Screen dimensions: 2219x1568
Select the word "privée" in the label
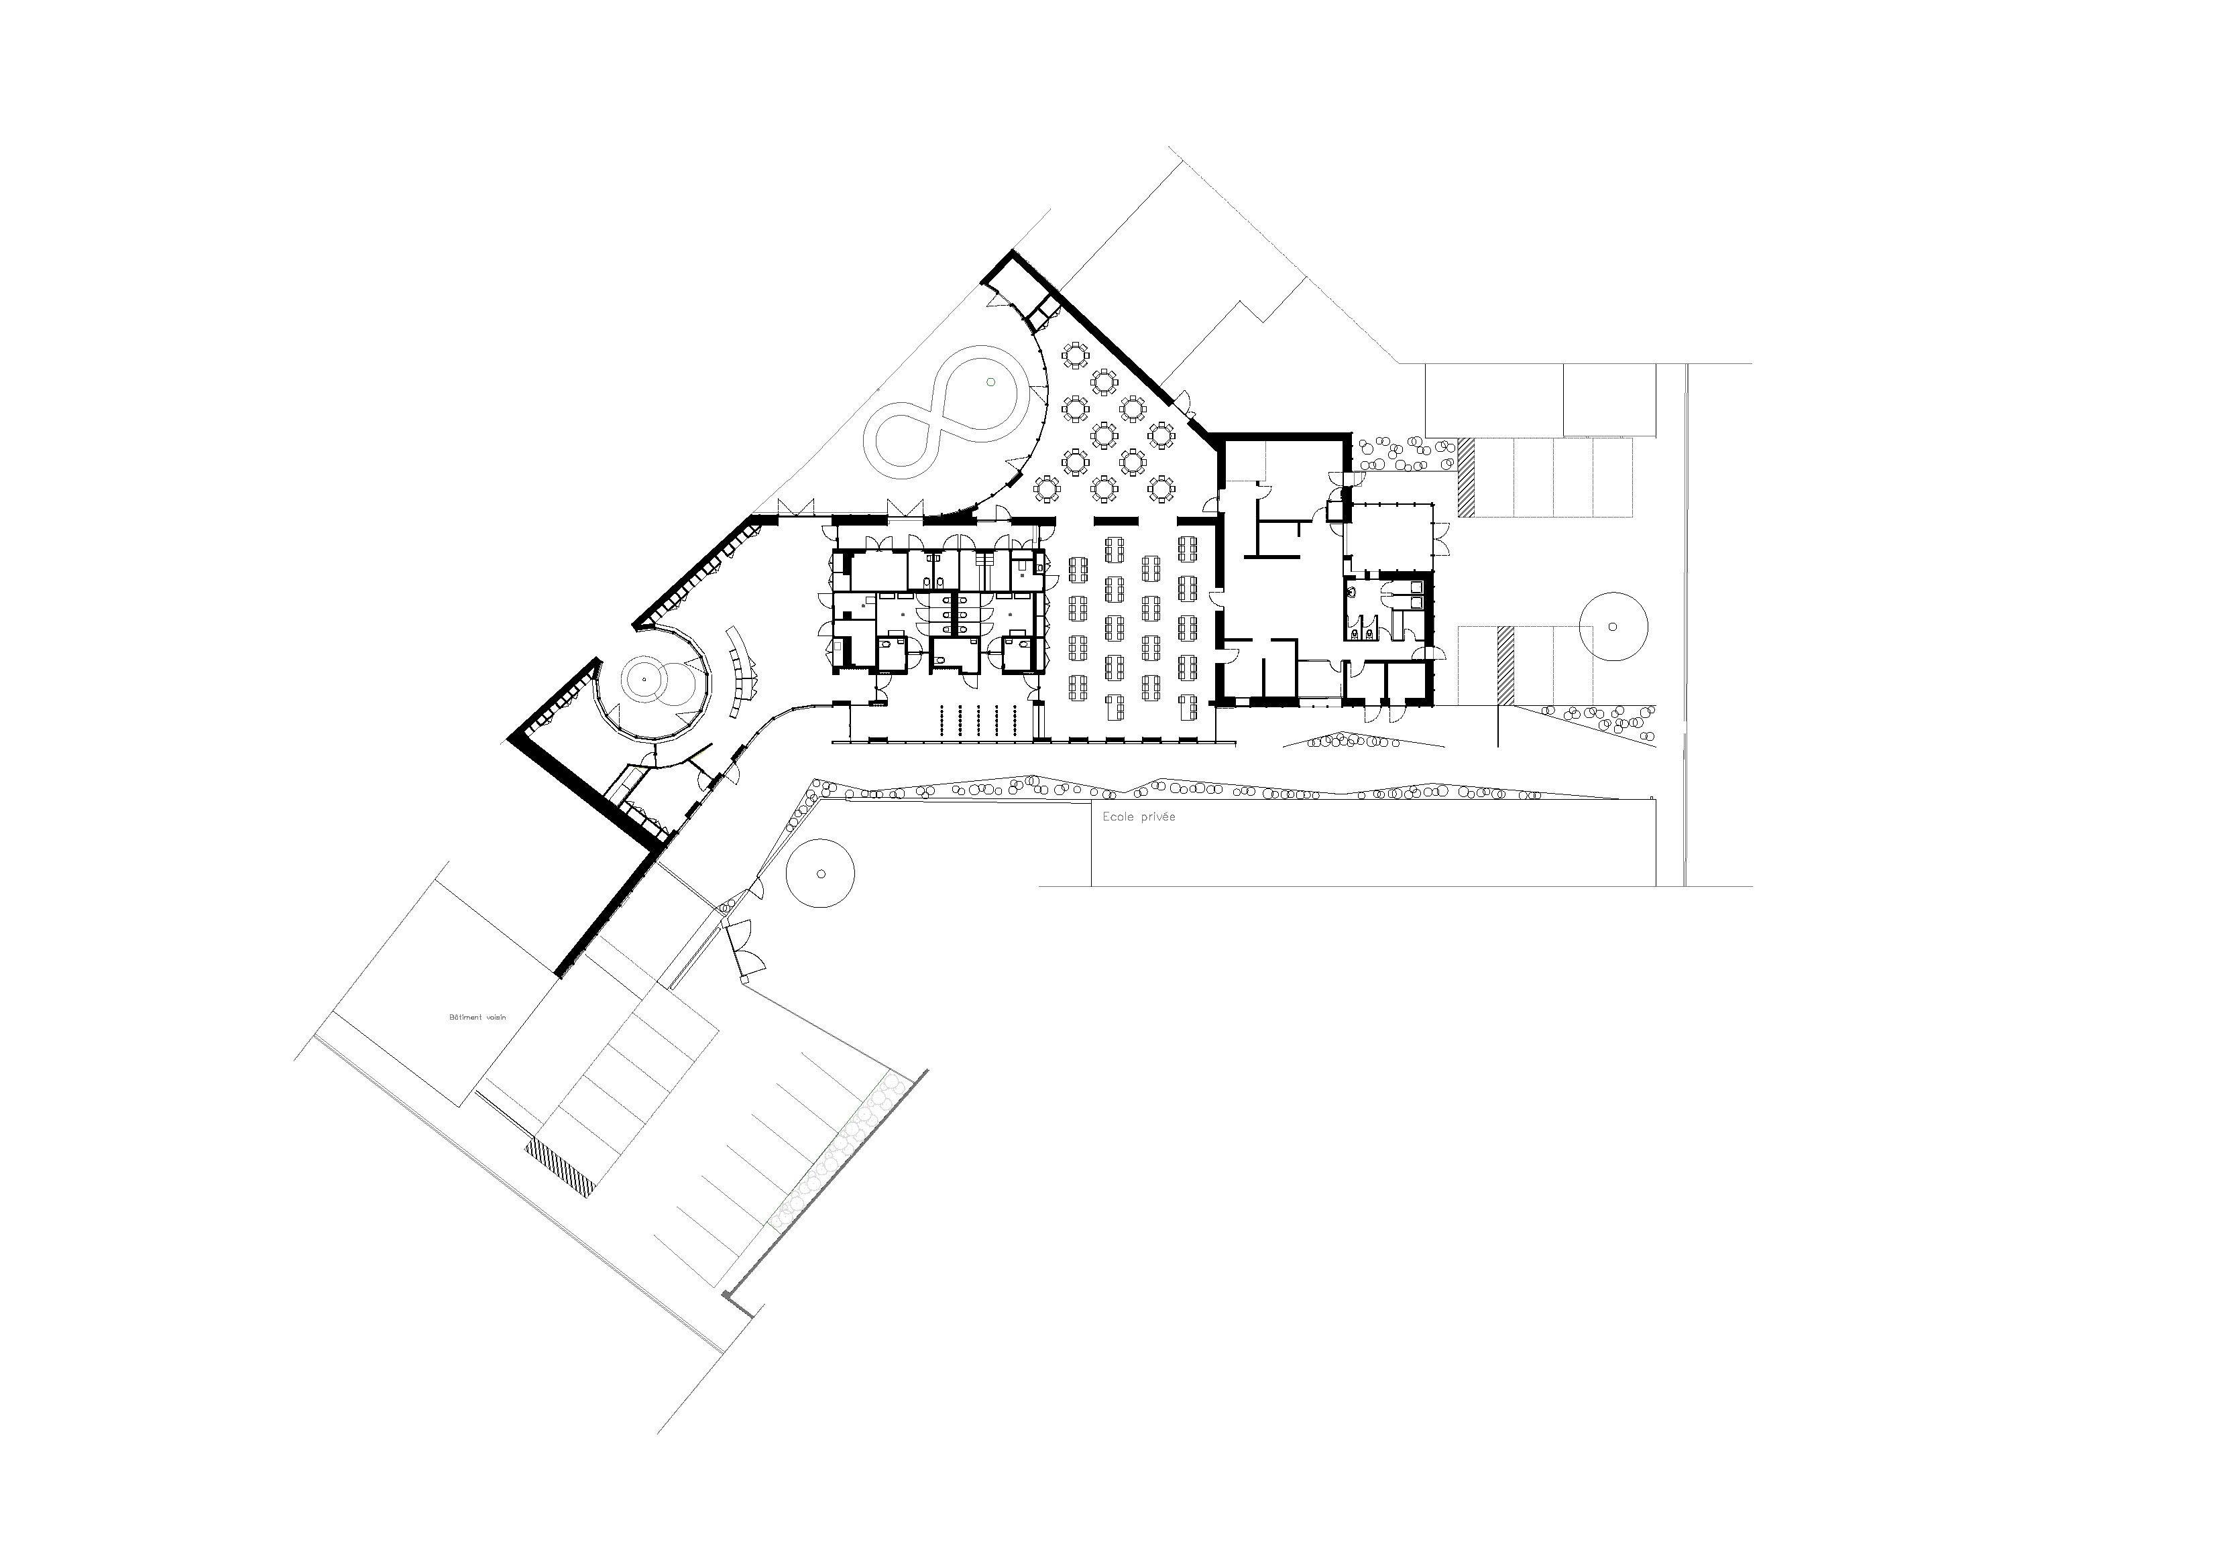click(1158, 817)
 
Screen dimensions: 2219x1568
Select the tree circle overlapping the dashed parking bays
click(1612, 626)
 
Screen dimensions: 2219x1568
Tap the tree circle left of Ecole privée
click(821, 873)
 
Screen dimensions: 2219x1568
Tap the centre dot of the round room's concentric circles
click(644, 680)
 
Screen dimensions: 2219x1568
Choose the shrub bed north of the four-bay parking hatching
click(1406, 454)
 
